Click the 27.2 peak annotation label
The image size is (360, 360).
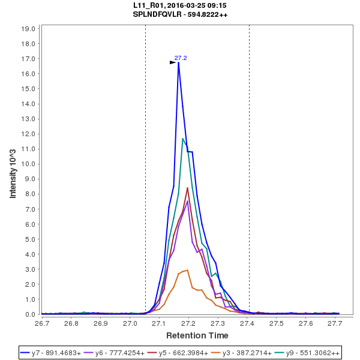(x=181, y=58)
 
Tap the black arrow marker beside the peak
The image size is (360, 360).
(x=173, y=62)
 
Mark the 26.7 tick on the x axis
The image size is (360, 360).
(x=42, y=323)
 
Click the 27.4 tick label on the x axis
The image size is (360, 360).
(x=247, y=323)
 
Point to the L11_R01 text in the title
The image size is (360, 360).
(x=149, y=5)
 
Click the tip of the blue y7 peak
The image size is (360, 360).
(x=178, y=62)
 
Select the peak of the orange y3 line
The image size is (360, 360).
(x=188, y=270)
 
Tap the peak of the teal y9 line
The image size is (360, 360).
(x=183, y=139)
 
